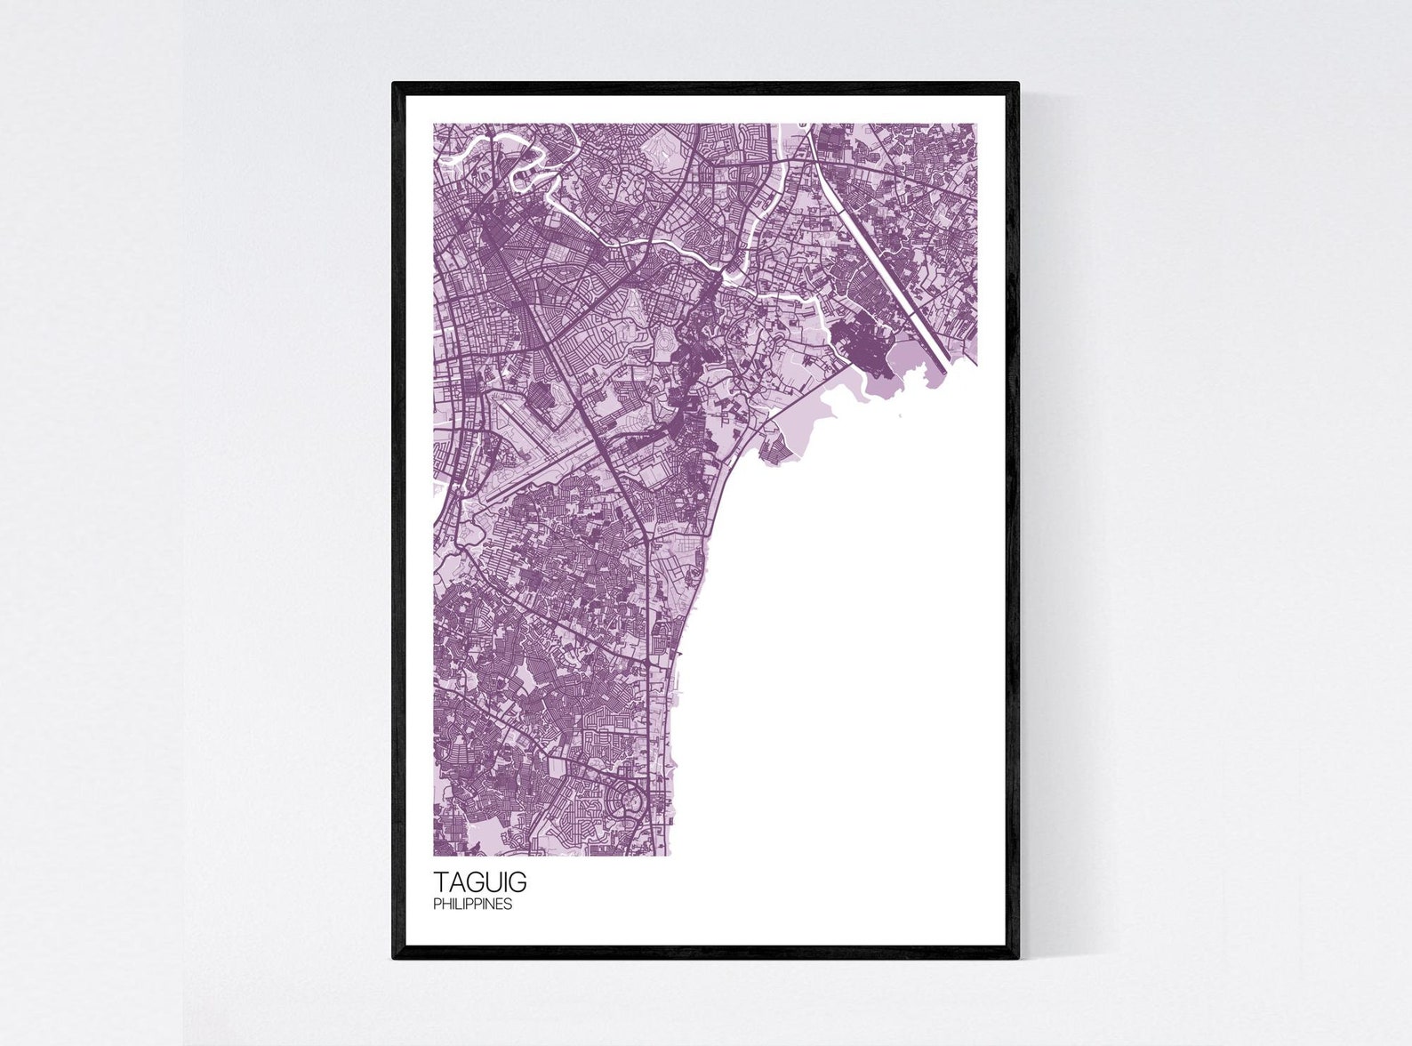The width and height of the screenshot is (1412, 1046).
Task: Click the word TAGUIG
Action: click(479, 882)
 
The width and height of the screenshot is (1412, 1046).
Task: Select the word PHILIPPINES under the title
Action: click(472, 905)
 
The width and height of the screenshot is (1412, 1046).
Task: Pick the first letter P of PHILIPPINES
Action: click(437, 905)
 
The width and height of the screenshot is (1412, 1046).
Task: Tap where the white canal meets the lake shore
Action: click(944, 370)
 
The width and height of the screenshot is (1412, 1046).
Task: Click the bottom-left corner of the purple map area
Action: click(435, 855)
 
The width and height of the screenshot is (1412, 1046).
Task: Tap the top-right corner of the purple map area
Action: click(976, 125)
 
